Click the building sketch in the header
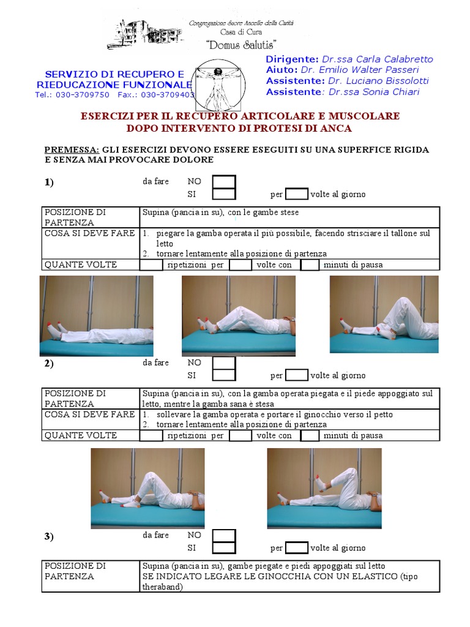click(146, 34)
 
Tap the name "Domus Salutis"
click(241, 45)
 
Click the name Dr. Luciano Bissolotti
click(378, 81)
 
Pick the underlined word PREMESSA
click(72, 149)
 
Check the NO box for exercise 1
click(223, 182)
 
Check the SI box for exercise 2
click(223, 375)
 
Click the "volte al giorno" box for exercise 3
click(297, 548)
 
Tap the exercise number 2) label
click(49, 364)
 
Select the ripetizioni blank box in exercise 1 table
click(151, 265)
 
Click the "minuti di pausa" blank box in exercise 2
click(310, 436)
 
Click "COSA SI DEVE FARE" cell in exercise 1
click(89, 234)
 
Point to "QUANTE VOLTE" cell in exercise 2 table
click(80, 436)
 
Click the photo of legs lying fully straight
click(97, 316)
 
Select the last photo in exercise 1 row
click(384, 314)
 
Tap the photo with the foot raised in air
click(324, 488)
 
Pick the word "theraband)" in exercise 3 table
click(164, 587)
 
